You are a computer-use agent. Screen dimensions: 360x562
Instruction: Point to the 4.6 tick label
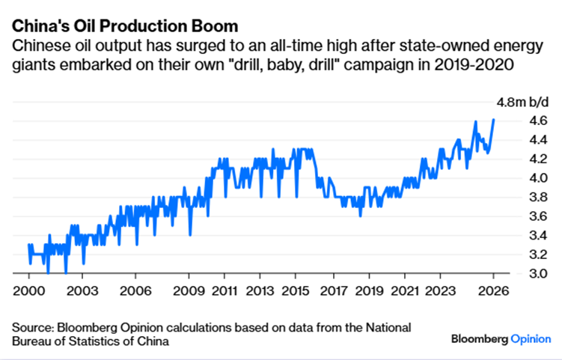[517, 120]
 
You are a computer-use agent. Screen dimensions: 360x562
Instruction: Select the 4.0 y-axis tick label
[517, 178]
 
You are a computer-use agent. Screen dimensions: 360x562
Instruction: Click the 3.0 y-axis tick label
[517, 273]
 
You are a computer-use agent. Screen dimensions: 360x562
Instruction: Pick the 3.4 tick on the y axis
[517, 235]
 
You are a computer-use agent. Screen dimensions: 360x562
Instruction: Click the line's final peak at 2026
[493, 120]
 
